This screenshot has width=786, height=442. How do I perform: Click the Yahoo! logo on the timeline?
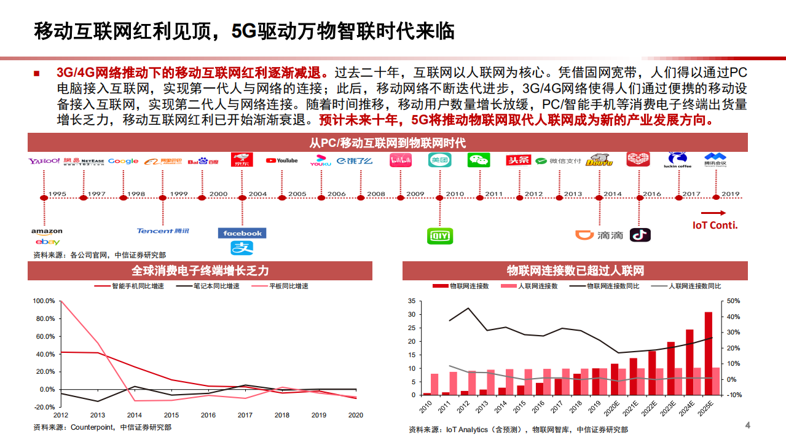pyautogui.click(x=44, y=161)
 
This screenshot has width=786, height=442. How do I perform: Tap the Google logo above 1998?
pyautogui.click(x=124, y=161)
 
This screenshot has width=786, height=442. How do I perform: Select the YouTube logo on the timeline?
pyautogui.click(x=281, y=160)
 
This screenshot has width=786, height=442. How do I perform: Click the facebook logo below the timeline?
pyautogui.click(x=242, y=233)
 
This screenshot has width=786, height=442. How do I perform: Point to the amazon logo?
pyautogui.click(x=47, y=232)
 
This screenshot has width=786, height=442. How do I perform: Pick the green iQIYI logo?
pyautogui.click(x=439, y=235)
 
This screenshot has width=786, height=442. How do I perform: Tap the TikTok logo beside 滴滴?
pyautogui.click(x=640, y=235)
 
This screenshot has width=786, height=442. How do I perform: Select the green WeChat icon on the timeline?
pyautogui.click(x=479, y=160)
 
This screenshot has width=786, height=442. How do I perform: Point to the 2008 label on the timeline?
pyautogui.click(x=376, y=194)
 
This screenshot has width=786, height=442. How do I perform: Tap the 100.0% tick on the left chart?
pyautogui.click(x=44, y=301)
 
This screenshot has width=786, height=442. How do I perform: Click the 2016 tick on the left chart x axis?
pyautogui.click(x=208, y=415)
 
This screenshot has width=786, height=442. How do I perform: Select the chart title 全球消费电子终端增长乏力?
pyautogui.click(x=200, y=270)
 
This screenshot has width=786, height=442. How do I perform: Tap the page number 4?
pyautogui.click(x=748, y=425)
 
